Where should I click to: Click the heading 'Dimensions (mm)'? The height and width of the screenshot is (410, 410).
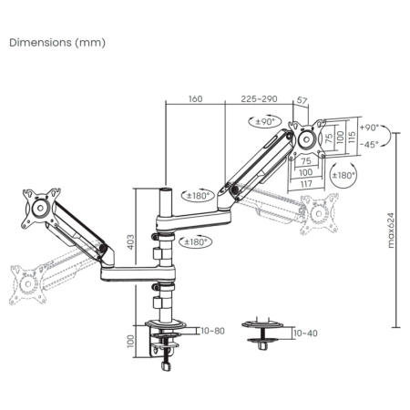[x=57, y=43]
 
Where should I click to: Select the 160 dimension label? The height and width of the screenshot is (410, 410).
[x=195, y=99]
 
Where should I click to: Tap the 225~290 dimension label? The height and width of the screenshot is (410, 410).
[x=259, y=99]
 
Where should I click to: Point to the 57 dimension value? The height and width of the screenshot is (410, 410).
[x=302, y=100]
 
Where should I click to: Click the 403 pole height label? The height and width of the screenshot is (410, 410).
[x=130, y=241]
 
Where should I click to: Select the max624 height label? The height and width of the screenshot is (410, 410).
[x=391, y=231]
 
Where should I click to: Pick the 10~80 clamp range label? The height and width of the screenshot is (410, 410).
[x=212, y=331]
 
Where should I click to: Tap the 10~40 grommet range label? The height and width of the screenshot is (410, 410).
[x=305, y=333]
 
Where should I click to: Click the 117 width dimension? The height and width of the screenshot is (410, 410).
[x=306, y=183]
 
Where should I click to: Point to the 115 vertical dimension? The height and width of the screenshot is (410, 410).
[x=352, y=138]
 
